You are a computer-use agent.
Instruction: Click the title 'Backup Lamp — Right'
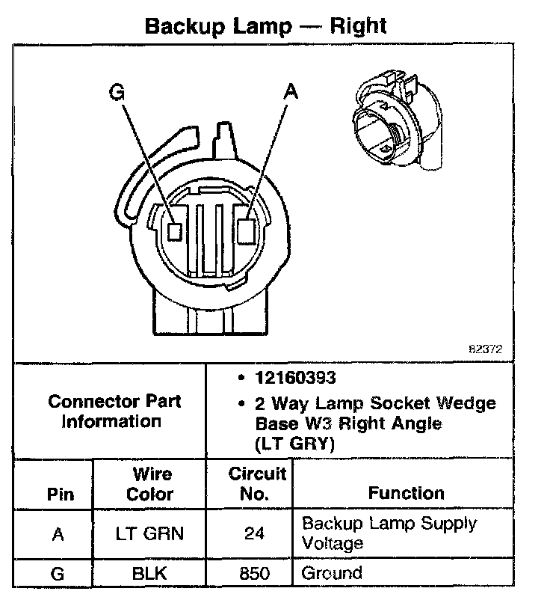[x=265, y=27]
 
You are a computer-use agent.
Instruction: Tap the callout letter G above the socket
[x=117, y=93]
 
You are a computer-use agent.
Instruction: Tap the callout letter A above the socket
[x=291, y=92]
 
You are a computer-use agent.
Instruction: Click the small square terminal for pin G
[x=175, y=231]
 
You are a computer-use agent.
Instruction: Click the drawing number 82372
[x=485, y=349]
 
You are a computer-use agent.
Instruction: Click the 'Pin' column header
[x=61, y=494]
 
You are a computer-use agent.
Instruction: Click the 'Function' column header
[x=406, y=493]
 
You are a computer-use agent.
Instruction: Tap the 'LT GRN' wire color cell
[x=149, y=534]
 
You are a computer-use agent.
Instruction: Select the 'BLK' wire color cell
[x=149, y=575]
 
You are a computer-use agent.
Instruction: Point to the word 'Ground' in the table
[x=332, y=574]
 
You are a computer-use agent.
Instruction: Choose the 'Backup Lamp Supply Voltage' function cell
[x=388, y=533]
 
